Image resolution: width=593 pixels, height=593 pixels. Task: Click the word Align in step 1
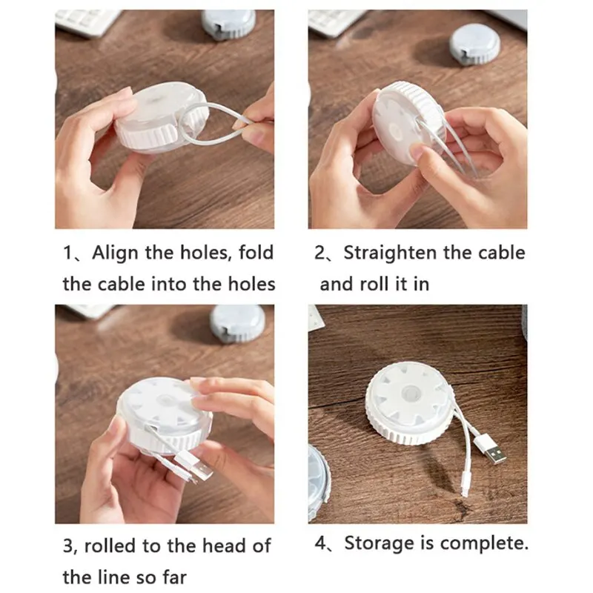pos(116,254)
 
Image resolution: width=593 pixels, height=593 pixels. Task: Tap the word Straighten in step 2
pos(391,254)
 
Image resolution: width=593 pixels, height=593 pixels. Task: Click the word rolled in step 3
pos(110,546)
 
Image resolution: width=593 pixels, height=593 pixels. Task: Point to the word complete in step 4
pos(484,544)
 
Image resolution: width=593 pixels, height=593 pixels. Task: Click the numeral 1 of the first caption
pos(67,253)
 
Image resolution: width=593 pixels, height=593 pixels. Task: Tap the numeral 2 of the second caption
pos(319,253)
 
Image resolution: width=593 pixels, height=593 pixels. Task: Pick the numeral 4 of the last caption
pos(320,543)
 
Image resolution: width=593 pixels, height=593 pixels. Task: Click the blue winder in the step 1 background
pos(228,24)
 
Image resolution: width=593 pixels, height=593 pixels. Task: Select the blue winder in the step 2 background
pos(474,44)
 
